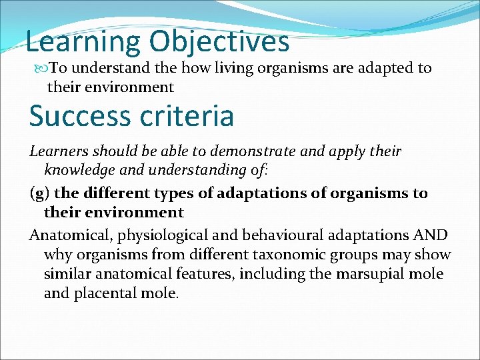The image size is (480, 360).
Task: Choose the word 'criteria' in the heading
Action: click(x=186, y=115)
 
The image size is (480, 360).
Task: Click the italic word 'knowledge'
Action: click(x=79, y=170)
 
